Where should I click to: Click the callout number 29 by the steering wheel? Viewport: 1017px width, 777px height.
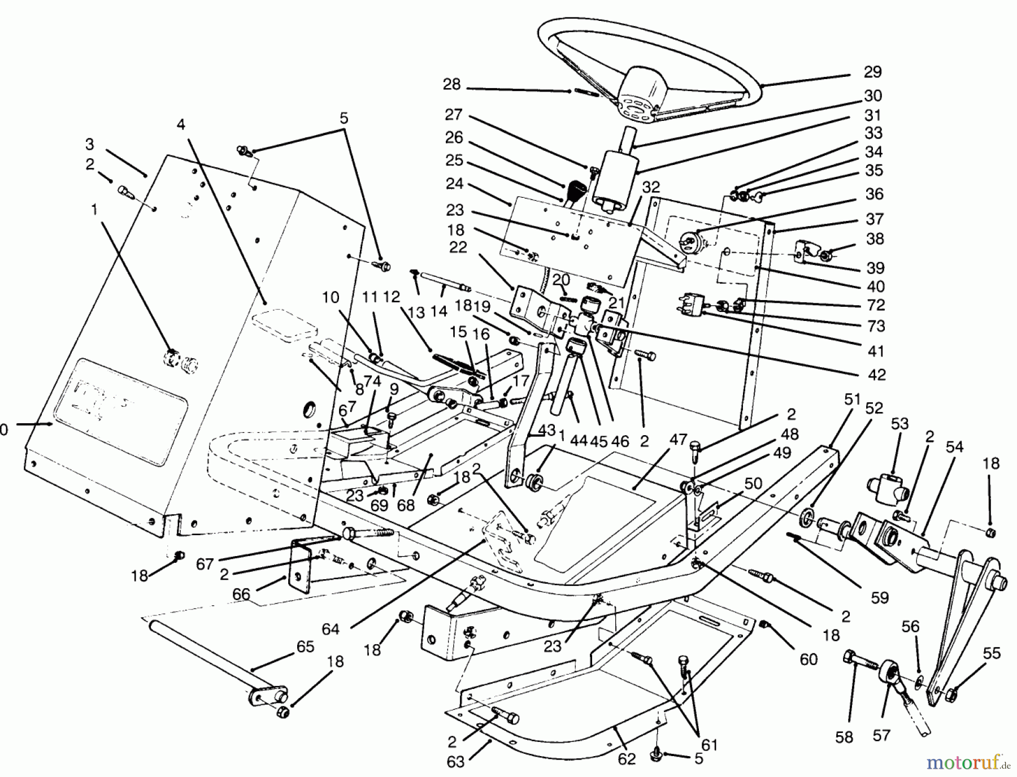coord(872,72)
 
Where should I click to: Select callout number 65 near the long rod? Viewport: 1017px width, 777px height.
coord(305,646)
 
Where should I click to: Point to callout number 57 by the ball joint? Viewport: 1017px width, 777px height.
coord(881,735)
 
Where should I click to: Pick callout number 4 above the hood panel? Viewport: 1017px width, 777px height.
coord(181,124)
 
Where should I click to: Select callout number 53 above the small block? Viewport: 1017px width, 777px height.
coord(900,424)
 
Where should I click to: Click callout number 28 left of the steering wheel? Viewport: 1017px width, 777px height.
coord(451,85)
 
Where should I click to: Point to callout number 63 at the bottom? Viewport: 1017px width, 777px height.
coord(455,762)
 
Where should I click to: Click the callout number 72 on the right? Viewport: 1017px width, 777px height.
coord(876,305)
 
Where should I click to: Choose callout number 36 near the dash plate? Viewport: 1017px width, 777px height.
coord(874,194)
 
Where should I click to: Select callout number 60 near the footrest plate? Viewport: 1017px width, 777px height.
coord(809,659)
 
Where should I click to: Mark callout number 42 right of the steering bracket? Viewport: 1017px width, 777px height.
coord(876,375)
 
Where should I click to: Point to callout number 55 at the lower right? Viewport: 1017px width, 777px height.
coord(992,654)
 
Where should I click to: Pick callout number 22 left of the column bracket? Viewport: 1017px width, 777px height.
coord(458,248)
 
